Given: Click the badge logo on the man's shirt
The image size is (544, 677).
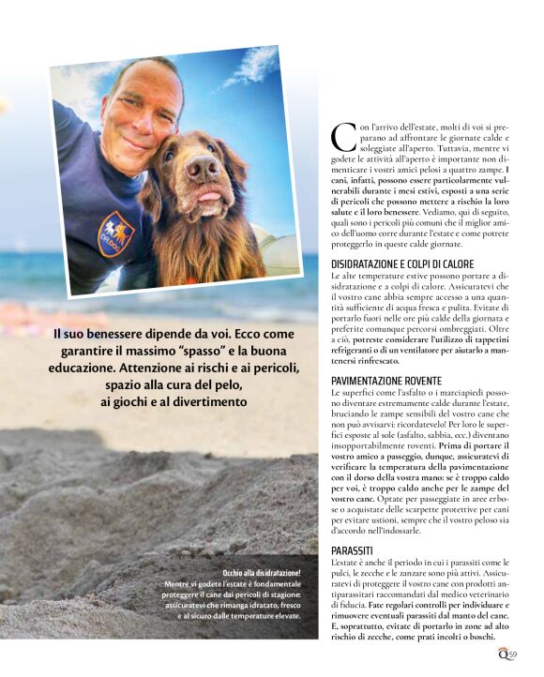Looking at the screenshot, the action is [x=115, y=233].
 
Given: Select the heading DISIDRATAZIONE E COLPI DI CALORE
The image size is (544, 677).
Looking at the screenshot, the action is [x=402, y=264].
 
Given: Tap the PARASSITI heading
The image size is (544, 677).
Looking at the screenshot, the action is [x=353, y=549].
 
